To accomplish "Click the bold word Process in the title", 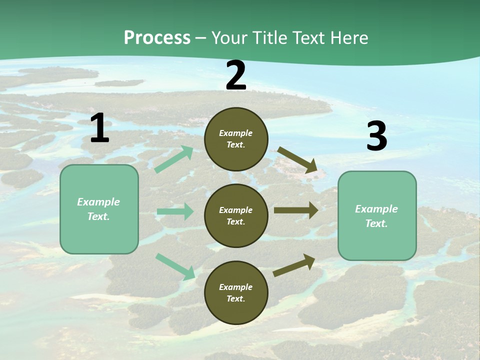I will [x=157, y=37].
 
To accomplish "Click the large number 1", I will [x=99, y=128].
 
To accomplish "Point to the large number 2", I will [x=236, y=75].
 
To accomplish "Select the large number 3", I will [x=376, y=136].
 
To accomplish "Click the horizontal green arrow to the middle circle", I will [x=175, y=211].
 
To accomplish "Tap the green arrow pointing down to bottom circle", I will [x=175, y=266].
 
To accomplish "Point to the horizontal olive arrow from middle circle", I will [x=296, y=210].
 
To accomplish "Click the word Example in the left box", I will [x=98, y=202].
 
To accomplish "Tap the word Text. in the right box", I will [x=376, y=223].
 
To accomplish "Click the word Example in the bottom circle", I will [x=236, y=287].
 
